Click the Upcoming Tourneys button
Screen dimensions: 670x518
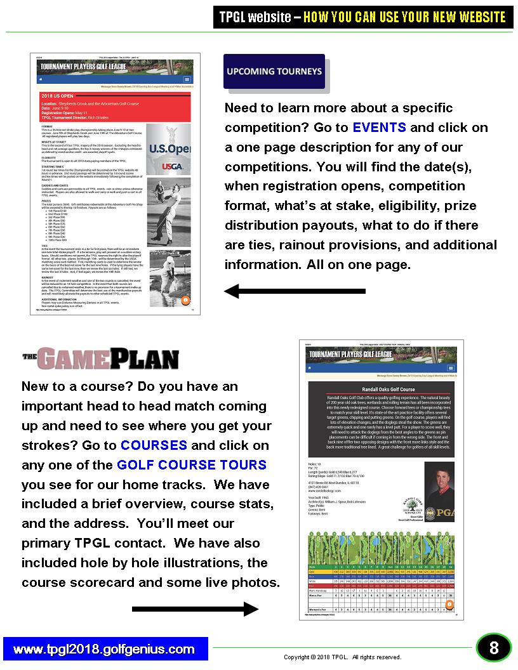click(x=274, y=71)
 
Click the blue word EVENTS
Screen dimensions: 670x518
click(x=379, y=127)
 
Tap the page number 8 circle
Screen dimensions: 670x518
click(x=493, y=648)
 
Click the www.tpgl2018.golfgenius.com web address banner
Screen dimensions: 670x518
click(x=105, y=649)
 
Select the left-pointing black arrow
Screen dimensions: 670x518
click(x=295, y=291)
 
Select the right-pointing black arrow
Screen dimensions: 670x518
click(x=194, y=609)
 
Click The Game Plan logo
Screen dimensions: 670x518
click(x=100, y=359)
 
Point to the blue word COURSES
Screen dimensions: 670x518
click(x=154, y=445)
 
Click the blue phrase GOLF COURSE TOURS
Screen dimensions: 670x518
click(x=192, y=464)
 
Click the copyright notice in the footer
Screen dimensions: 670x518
click(x=342, y=657)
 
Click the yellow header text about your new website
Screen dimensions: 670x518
click(x=404, y=17)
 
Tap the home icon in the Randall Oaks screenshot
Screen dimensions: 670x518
click(x=309, y=368)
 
